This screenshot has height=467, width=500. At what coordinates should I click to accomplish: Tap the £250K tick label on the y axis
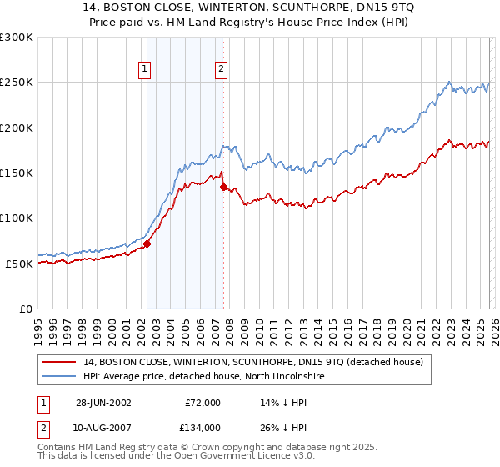(17, 83)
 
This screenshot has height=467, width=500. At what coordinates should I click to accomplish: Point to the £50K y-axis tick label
(19, 264)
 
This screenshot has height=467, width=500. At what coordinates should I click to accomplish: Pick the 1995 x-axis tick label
(38, 325)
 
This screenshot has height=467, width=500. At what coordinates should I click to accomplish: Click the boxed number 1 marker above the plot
(146, 69)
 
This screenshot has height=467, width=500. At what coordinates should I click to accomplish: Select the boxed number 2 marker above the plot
(222, 69)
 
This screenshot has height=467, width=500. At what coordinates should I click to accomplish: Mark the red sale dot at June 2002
(147, 244)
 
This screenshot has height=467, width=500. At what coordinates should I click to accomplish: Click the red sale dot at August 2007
(223, 188)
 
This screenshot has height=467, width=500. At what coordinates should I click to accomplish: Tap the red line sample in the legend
(59, 362)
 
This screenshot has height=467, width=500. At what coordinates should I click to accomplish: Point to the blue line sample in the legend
(59, 377)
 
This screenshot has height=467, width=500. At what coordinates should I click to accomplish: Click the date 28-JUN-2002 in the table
(103, 403)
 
